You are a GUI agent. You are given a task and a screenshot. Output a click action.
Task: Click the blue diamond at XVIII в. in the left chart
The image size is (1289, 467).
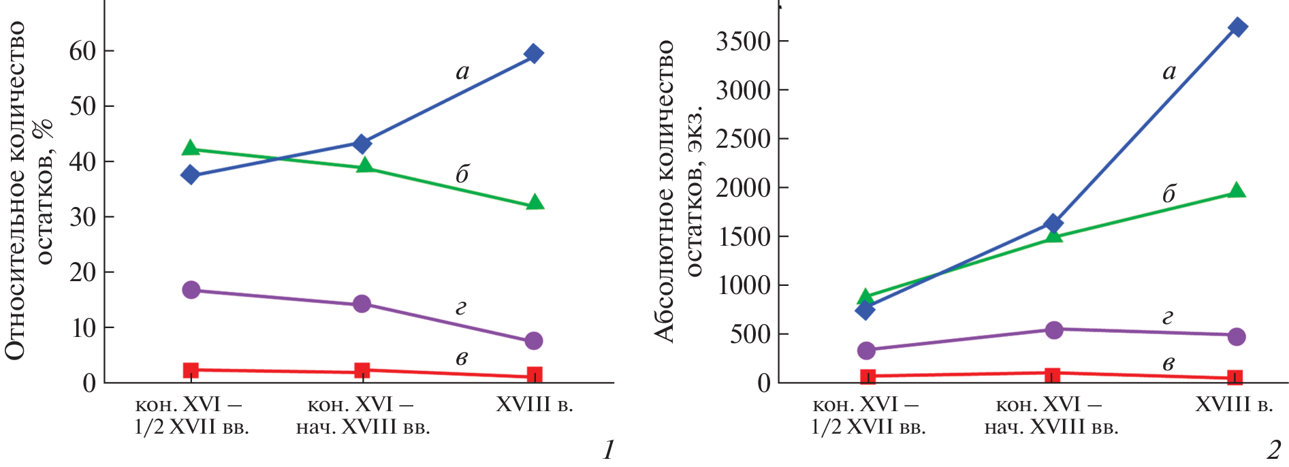pyautogui.click(x=534, y=54)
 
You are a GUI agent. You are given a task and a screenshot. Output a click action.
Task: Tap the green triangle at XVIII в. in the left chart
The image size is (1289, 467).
pyautogui.click(x=535, y=202)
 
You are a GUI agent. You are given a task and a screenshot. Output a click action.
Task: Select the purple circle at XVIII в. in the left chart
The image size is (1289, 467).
pyautogui.click(x=534, y=340)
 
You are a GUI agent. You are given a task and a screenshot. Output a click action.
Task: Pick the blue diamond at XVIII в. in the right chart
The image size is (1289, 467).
pyautogui.click(x=1238, y=28)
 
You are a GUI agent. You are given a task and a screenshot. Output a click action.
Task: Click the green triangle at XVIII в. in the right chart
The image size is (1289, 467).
pyautogui.click(x=1237, y=191)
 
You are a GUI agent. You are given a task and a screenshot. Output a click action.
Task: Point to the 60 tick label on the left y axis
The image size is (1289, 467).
pyautogui.click(x=82, y=51)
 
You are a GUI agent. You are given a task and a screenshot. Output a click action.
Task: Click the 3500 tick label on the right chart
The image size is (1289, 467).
pyautogui.click(x=743, y=42)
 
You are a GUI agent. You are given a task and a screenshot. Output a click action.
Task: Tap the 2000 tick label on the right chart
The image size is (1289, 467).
pyautogui.click(x=743, y=188)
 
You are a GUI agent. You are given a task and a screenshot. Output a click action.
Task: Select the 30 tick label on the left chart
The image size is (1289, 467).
pyautogui.click(x=82, y=217)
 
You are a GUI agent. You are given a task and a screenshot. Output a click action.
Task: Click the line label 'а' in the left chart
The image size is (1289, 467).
pyautogui.click(x=462, y=72)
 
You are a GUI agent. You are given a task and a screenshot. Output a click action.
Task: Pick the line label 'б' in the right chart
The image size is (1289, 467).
pyautogui.click(x=1168, y=194)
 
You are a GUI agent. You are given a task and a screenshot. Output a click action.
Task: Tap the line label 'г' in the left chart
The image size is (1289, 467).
pyautogui.click(x=461, y=309)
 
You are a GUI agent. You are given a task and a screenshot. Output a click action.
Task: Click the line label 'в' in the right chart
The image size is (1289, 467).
pyautogui.click(x=1168, y=364)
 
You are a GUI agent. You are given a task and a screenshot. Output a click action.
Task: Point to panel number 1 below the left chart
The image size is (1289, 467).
pyautogui.click(x=608, y=450)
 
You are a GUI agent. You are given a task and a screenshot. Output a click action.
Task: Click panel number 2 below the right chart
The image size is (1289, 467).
pyautogui.click(x=1273, y=450)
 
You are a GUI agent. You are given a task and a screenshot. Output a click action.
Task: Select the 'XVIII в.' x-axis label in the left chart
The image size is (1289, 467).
pyautogui.click(x=535, y=405)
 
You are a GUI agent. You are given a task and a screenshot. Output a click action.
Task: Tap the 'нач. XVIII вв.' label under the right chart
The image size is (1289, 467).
pyautogui.click(x=1051, y=428)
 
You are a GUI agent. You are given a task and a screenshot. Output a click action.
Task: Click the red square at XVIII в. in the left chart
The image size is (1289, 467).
pyautogui.click(x=535, y=374)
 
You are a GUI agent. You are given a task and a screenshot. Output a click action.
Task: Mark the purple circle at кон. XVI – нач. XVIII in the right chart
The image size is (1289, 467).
pyautogui.click(x=1053, y=330)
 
